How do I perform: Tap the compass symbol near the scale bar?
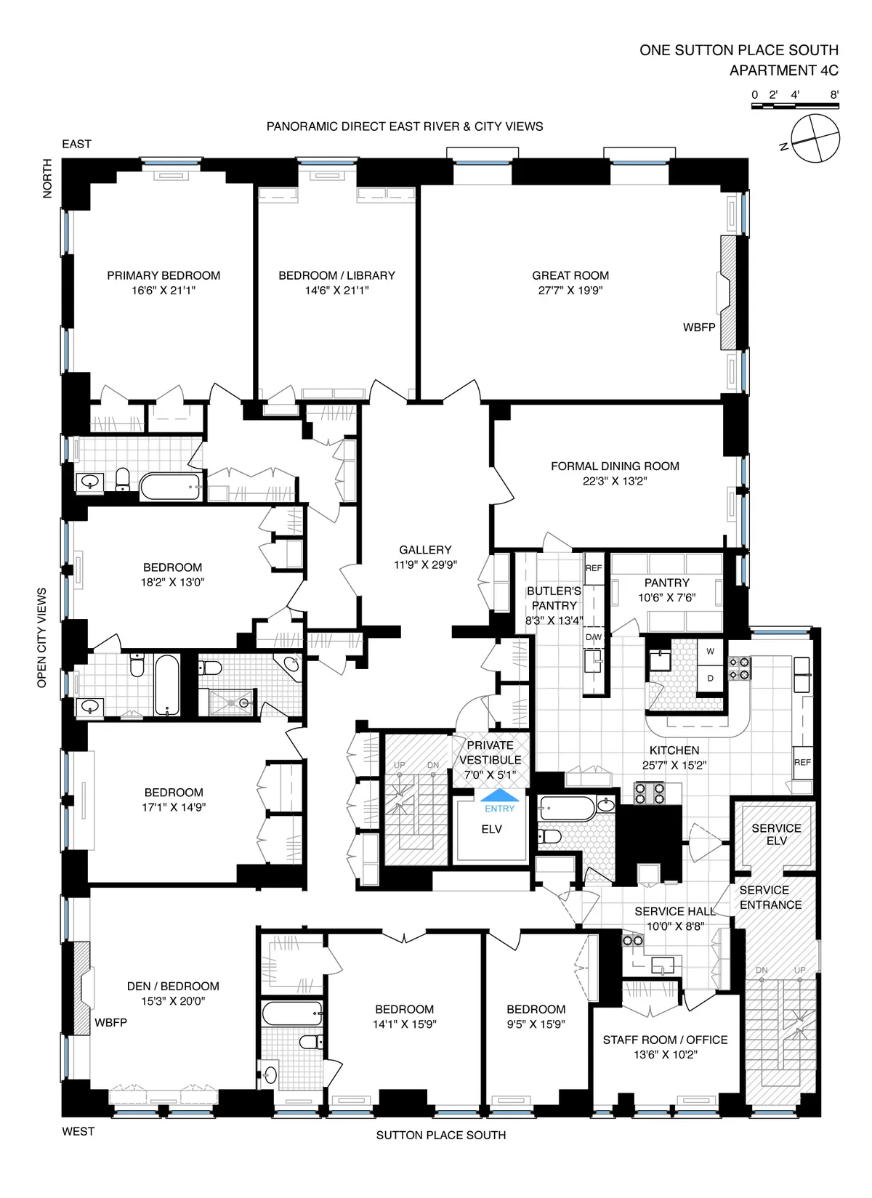pos(815,139)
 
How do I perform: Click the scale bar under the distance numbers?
pos(794,107)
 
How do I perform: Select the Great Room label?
pos(570,275)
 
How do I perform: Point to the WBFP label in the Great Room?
pos(699,328)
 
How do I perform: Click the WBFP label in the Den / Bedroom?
pos(110,1023)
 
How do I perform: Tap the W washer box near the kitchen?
pos(711,652)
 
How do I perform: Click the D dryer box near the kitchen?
pos(711,678)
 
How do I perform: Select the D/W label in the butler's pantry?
pos(594,637)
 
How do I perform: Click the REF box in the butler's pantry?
pos(594,568)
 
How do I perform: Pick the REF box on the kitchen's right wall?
pos(802,762)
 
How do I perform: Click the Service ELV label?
pos(776,834)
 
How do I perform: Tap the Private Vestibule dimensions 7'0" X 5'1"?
pos(490,774)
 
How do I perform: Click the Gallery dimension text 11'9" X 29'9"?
pos(425,564)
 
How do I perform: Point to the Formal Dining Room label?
pos(615,466)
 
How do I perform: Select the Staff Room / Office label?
pos(665,1040)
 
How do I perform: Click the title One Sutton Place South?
pos(738,50)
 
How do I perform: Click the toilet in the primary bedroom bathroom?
pos(123,479)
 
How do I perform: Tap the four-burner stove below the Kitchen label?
pos(650,792)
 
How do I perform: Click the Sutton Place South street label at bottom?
pos(440,1135)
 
